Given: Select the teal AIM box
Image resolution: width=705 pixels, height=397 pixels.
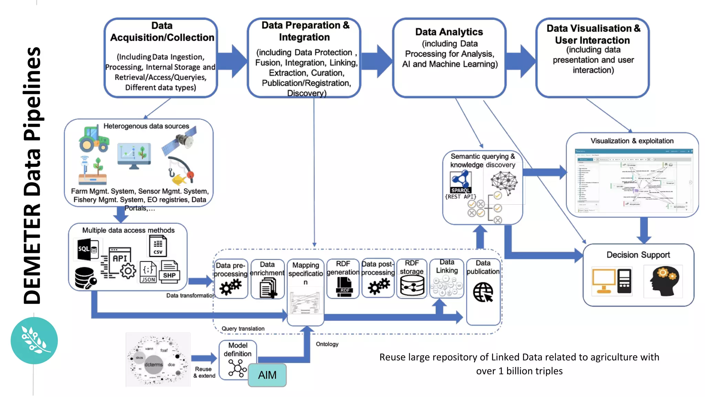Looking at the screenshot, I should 267,375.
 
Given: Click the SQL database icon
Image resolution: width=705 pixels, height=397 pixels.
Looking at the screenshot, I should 87,249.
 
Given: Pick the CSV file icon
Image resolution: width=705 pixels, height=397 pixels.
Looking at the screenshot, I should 158,246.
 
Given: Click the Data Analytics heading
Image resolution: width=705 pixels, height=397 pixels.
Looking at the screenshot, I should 449,32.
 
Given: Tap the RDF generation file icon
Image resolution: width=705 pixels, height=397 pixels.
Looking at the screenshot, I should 344,287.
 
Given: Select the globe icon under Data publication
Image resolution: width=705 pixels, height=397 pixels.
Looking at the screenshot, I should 483,292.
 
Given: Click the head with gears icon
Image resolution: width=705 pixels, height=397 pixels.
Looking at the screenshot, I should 663,281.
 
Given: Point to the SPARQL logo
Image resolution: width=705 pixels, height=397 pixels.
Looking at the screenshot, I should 461,182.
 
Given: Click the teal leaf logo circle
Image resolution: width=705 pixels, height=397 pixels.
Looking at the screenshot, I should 34,340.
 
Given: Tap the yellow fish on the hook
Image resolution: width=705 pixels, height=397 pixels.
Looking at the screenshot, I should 180,179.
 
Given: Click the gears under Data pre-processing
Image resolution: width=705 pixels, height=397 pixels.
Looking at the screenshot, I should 231,286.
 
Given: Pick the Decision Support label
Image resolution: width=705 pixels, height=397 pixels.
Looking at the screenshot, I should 638,255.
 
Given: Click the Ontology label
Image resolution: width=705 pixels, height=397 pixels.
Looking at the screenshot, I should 327,344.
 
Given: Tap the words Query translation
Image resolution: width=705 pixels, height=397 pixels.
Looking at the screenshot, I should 243,328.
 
